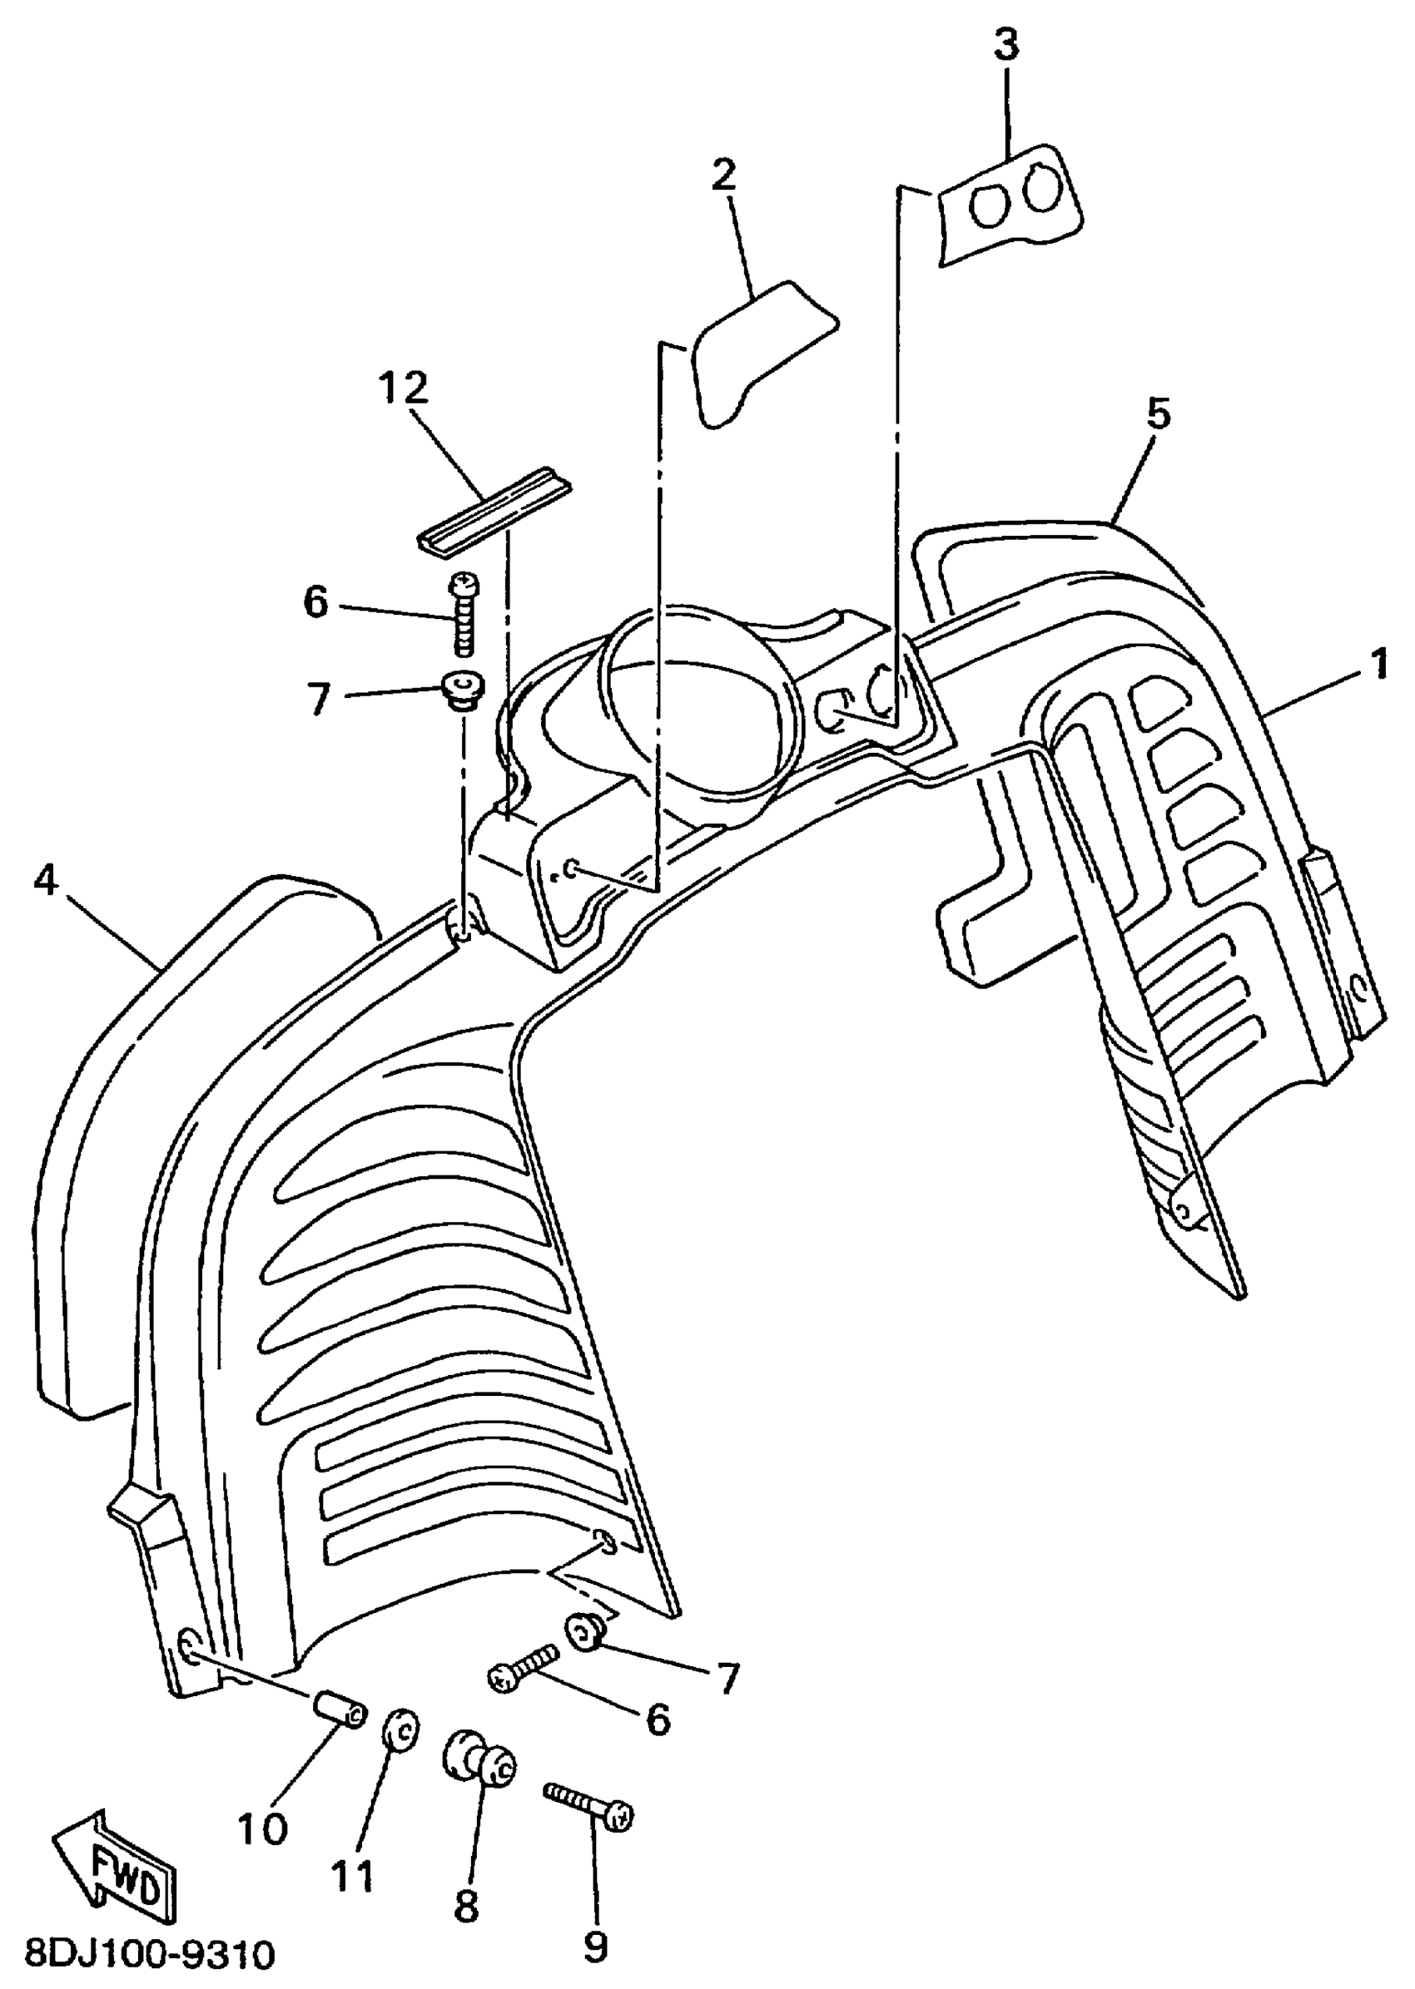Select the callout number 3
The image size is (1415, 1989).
point(1006,44)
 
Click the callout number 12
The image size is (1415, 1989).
point(405,388)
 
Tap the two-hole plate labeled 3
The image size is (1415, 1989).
point(1010,205)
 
